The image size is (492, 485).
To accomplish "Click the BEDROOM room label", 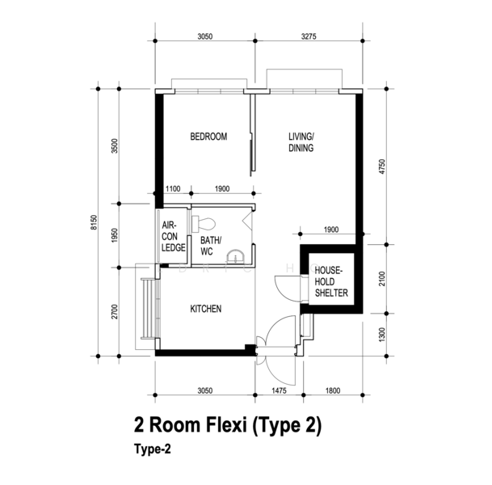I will click(208, 137).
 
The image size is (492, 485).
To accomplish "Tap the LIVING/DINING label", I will click(301, 143).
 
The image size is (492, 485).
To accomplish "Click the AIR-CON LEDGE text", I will click(174, 238).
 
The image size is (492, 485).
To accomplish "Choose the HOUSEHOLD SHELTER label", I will click(330, 281).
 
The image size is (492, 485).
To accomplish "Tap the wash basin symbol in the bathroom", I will click(235, 257).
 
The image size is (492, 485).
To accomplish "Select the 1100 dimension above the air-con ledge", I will click(172, 188).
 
